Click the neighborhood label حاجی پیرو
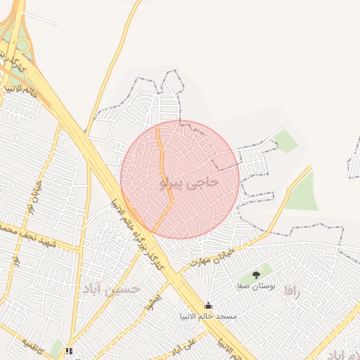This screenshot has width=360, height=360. click(x=190, y=183)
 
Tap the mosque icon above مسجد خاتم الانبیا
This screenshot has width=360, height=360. click(x=207, y=306)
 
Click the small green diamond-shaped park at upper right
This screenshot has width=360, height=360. click(x=286, y=141)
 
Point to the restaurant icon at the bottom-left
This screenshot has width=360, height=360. click(x=69, y=351)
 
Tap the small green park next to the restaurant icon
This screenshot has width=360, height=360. click(x=56, y=348)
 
